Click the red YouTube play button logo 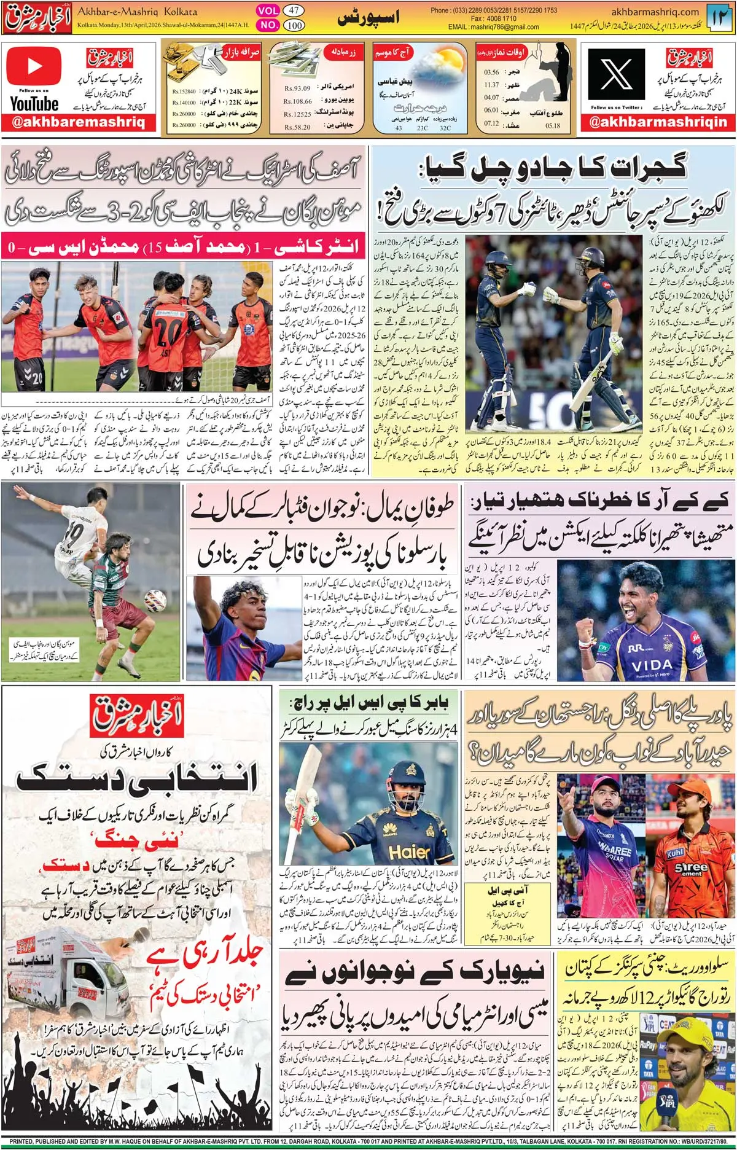[34, 67]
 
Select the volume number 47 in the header [294, 10]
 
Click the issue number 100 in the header [294, 25]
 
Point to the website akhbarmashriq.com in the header [655, 12]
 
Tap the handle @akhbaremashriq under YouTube [79, 122]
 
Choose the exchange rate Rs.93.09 [297, 88]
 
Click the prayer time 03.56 [491, 72]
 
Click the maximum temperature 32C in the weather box [445, 128]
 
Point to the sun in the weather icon [451, 60]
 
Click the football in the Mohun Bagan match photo [155, 600]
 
